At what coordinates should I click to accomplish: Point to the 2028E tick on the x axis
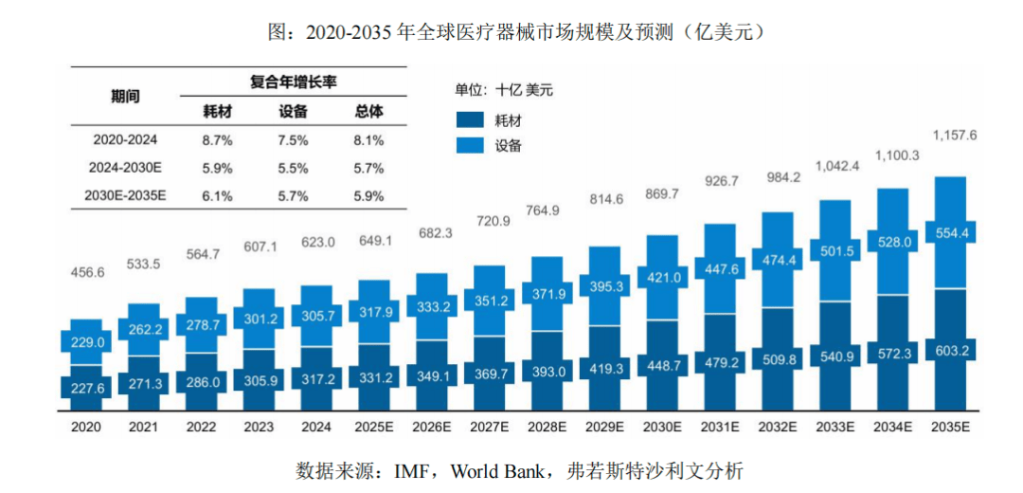coord(547,427)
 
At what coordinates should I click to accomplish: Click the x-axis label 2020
coord(86,427)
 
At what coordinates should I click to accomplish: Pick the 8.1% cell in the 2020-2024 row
coord(368,139)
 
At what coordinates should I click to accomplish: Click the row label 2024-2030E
coord(125,168)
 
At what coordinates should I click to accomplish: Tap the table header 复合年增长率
coord(293,82)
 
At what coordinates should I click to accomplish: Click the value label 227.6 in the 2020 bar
coord(87,387)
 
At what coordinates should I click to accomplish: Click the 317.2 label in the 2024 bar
coord(316,378)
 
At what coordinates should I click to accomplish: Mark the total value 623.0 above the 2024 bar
coord(317,242)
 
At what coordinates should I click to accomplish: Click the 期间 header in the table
coord(125,97)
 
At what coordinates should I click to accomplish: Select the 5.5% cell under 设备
coord(293,168)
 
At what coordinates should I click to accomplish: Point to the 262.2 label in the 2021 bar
coord(145,331)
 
